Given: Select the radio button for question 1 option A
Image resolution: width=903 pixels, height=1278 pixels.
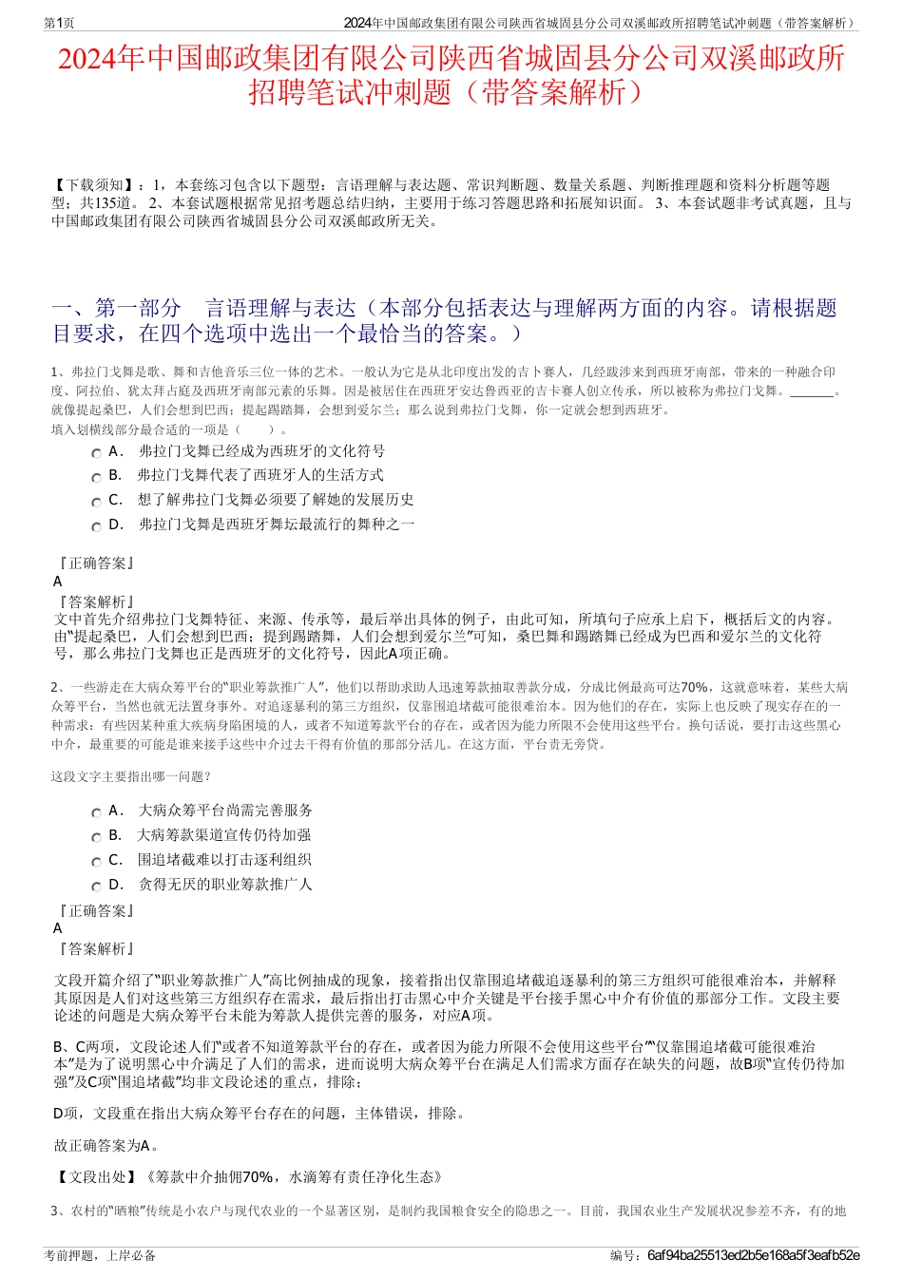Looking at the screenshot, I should [97, 453].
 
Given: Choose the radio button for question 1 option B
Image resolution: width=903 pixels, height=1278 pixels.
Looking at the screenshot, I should [97, 477].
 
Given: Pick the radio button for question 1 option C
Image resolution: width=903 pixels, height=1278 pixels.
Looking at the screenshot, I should [97, 502].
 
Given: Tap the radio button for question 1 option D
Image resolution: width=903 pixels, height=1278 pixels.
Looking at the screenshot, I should [97, 526].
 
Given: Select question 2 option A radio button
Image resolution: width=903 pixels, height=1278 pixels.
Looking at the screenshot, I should [97, 812].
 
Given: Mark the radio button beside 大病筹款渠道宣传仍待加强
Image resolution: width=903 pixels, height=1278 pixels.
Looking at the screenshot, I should [97, 837].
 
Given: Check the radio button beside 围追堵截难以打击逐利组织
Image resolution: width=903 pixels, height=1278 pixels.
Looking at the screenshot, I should [97, 862].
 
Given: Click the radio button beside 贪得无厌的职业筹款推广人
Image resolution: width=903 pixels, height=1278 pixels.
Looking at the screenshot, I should [97, 887].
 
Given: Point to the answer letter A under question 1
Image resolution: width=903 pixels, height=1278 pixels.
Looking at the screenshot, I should [58, 582].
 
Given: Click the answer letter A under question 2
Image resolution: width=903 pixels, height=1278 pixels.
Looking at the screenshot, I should [58, 928].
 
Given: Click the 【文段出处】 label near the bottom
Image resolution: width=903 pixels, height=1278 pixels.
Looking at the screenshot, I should [96, 1177].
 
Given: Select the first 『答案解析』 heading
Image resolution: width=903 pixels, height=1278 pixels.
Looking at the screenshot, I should [95, 602].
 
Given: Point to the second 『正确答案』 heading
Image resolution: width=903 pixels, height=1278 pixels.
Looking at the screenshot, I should [95, 911].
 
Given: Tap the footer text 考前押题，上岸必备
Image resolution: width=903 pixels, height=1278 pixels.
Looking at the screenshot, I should [100, 1255].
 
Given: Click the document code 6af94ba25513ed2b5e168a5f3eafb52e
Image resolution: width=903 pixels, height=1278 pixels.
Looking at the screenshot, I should [753, 1255].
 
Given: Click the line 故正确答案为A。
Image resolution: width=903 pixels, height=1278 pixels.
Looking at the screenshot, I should [106, 1146].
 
